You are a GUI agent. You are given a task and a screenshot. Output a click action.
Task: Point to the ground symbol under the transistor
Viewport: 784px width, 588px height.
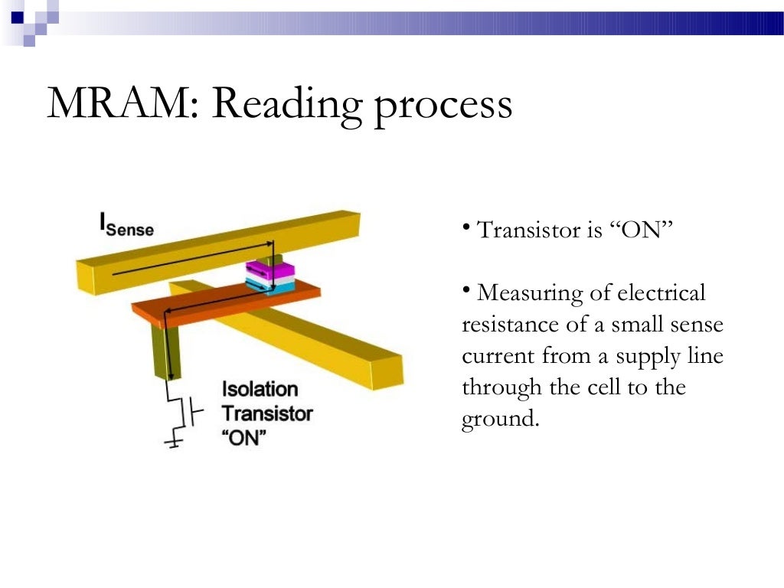tap(175, 442)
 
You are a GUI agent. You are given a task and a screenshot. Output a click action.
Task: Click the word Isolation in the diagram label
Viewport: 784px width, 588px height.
tap(260, 389)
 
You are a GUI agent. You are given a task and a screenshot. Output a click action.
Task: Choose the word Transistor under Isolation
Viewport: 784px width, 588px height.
tap(267, 414)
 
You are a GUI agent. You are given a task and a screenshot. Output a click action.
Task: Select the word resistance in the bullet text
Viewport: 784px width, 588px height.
tap(511, 325)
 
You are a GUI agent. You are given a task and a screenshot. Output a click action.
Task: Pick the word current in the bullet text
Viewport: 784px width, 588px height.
tap(498, 357)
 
